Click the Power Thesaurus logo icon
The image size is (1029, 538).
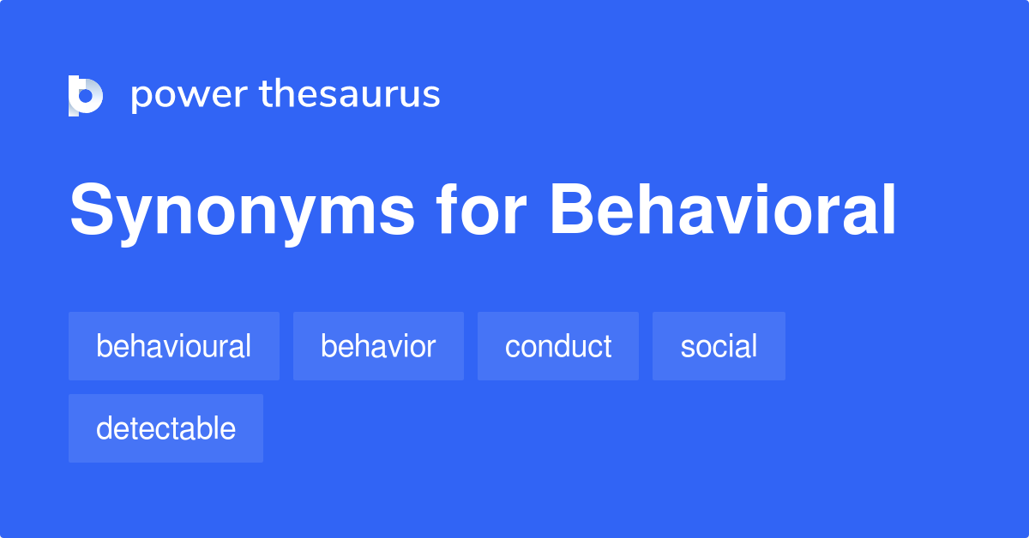point(86,95)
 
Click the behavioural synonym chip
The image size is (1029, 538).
point(174,346)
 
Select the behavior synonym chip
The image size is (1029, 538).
point(378,346)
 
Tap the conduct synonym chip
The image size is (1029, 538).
point(558,346)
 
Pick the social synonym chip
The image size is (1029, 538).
point(719,346)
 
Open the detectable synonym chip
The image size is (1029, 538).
point(165,428)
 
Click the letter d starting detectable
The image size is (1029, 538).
point(105,428)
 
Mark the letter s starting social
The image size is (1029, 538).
point(687,348)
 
